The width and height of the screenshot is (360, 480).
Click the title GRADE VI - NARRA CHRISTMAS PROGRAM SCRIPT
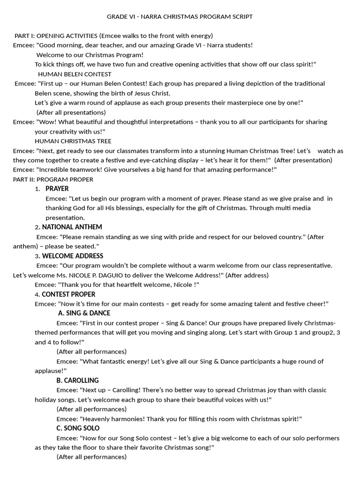tap(180, 16)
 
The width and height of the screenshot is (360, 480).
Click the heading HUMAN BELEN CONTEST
tap(75, 74)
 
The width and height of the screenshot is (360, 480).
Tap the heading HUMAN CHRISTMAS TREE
tap(73, 141)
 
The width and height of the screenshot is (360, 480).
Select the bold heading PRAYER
tap(57, 189)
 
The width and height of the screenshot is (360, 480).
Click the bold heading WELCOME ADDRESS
tap(73, 256)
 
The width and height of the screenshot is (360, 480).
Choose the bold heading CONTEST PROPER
tap(68, 294)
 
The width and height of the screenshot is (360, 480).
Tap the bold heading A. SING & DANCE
tap(84, 313)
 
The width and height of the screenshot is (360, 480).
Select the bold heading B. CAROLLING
tap(77, 380)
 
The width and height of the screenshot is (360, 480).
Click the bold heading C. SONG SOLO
tap(78, 428)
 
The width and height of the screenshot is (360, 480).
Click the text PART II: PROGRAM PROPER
tap(53, 180)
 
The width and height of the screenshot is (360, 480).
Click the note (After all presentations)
tap(71, 112)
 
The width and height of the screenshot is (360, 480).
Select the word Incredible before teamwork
tap(53, 170)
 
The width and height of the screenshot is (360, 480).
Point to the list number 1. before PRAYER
tap(37, 189)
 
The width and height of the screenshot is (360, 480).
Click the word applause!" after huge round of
tap(51, 371)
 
